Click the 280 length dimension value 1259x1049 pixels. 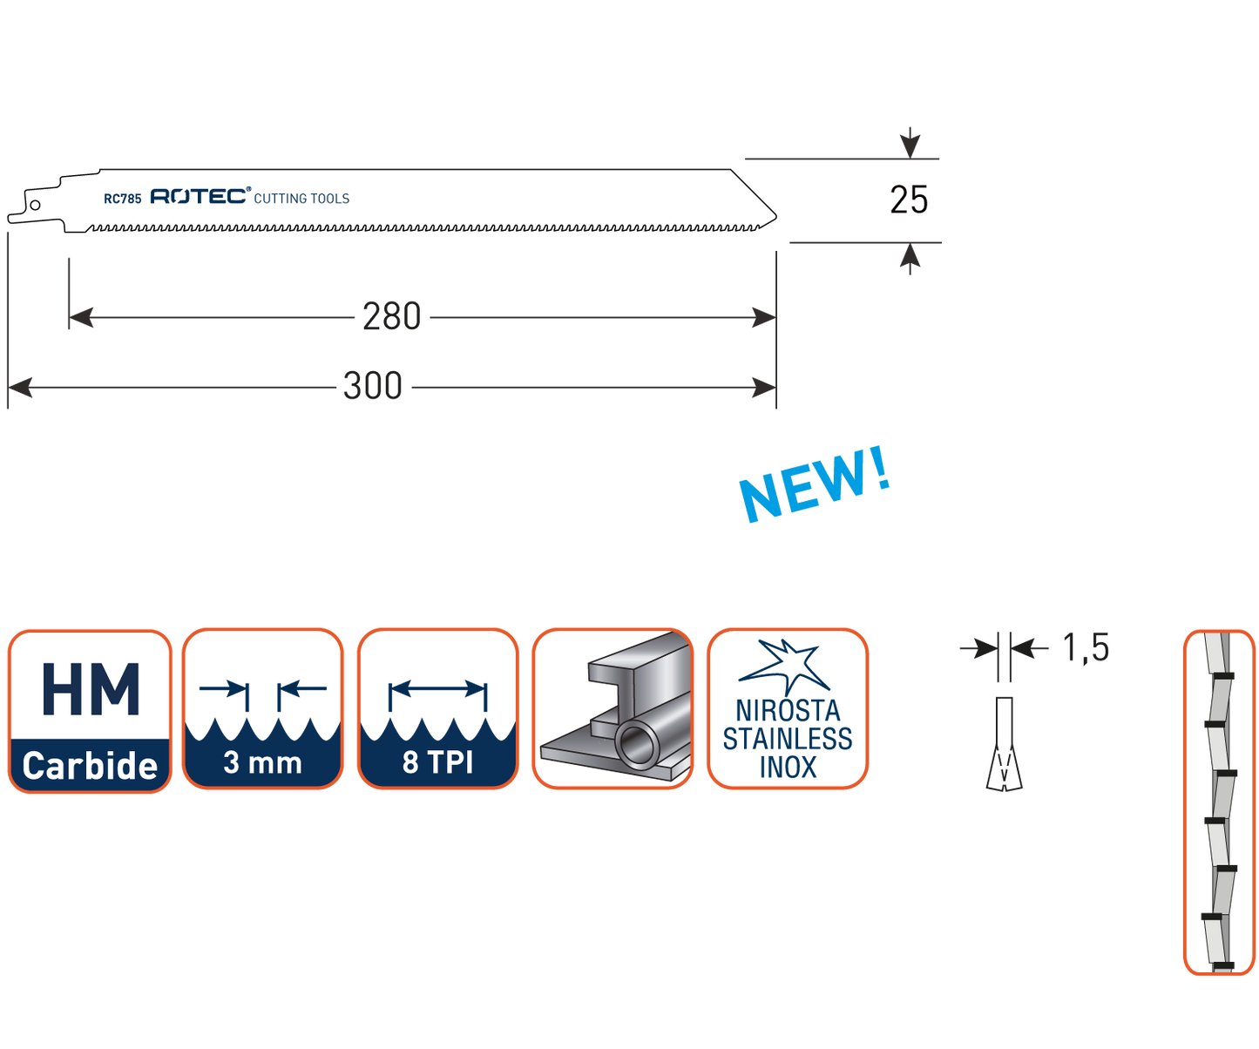pos(391,316)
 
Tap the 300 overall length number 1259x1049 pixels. pos(373,386)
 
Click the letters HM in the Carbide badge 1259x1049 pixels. pos(90,689)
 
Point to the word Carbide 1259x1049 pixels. pos(90,766)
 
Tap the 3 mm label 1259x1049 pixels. pos(262,763)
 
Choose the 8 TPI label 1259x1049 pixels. pos(437,763)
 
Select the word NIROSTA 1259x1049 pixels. pos(788,710)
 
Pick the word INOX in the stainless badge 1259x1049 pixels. pos(788,768)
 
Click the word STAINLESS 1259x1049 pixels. pos(788,740)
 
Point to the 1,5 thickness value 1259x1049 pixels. pos(1086,648)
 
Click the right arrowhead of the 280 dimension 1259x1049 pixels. pos(764,318)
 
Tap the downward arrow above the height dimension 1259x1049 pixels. pos(910,142)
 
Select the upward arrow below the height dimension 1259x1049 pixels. pos(910,259)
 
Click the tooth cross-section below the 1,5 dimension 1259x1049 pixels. pos(1005,745)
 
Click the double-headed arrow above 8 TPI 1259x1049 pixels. pos(437,688)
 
